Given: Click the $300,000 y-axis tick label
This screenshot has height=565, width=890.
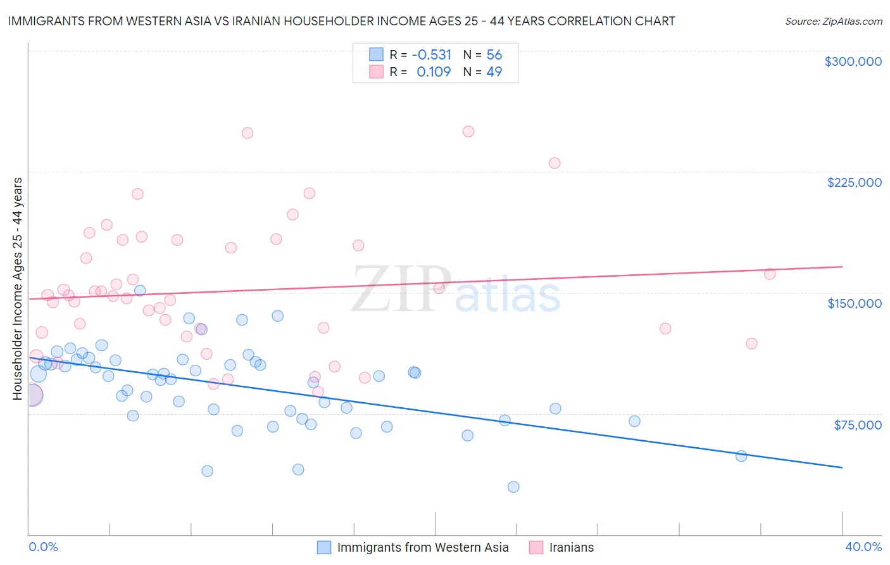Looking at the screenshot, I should point(853,61).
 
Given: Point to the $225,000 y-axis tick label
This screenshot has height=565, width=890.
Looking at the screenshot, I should point(854,182).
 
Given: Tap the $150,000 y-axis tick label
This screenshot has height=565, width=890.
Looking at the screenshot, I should point(854,303).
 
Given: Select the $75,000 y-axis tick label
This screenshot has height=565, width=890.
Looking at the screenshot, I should point(858,424).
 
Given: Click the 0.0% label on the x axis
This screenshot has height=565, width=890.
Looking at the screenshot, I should point(43,547).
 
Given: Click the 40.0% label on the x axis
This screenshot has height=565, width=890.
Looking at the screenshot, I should point(863,547).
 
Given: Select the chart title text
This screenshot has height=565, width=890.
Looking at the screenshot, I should point(341,21).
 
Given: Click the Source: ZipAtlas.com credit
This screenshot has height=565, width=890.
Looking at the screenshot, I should point(833,21).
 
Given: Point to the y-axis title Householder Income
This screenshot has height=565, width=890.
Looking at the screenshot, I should point(17,289).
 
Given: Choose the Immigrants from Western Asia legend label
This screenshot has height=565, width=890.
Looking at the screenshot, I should point(423,547).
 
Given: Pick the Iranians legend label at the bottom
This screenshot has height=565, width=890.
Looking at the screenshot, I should point(571,547).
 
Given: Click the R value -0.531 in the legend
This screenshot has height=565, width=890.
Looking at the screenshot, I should point(431,54).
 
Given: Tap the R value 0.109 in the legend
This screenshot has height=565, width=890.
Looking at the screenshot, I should point(434,72).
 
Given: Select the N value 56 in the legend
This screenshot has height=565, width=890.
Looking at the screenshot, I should point(494,54).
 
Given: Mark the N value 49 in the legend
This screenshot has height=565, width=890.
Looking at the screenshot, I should point(494,72).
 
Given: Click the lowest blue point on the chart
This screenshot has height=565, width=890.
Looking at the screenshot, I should point(513,486).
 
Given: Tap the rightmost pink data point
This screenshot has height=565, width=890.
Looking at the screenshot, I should point(770,274).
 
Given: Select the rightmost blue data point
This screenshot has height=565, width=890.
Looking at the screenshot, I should point(741,455).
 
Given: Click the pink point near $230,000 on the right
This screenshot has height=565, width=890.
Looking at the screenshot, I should point(555,163).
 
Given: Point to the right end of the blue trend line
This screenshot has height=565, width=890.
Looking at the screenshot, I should point(842,467).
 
